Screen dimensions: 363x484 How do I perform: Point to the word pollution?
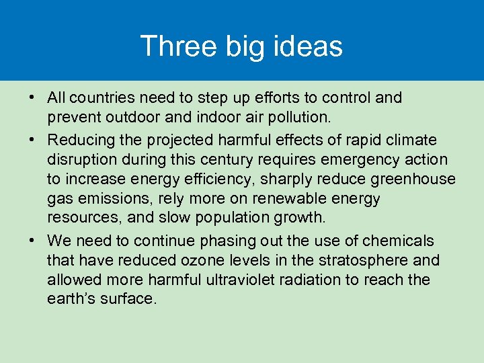pyautogui.click(x=296, y=118)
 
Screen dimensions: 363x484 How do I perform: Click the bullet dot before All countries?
pyautogui.click(x=32, y=98)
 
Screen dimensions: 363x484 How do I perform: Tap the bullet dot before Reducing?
pyautogui.click(x=32, y=140)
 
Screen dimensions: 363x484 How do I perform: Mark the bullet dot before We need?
pyautogui.click(x=32, y=241)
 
